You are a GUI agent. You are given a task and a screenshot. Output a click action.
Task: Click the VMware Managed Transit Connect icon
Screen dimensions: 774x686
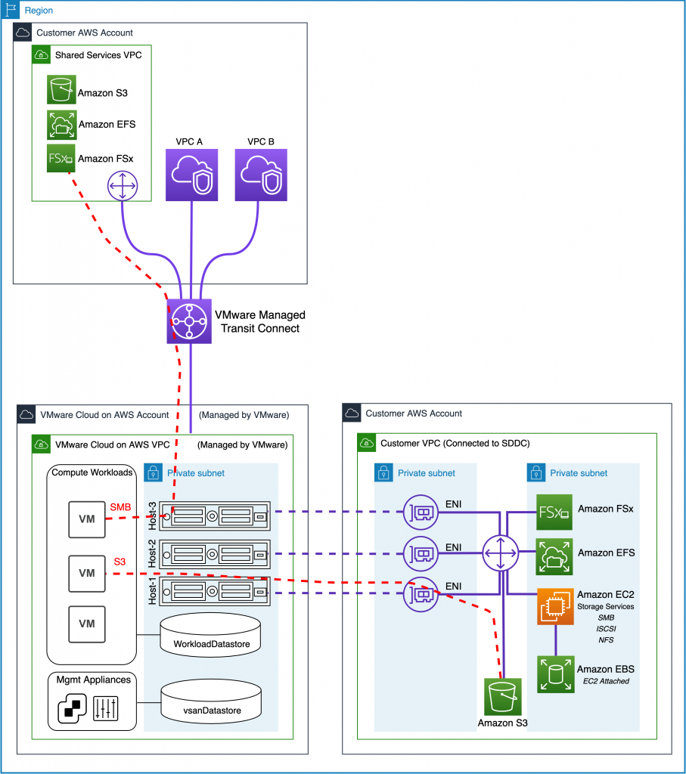[x=189, y=321]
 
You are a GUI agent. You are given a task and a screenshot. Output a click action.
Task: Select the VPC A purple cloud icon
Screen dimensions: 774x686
[x=191, y=175]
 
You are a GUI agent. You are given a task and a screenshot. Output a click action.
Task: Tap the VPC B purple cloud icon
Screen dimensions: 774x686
[x=260, y=175]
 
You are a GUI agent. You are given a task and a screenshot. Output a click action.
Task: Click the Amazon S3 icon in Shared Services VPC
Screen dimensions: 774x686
[x=61, y=89]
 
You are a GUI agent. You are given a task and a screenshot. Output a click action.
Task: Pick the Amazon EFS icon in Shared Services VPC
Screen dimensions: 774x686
[x=61, y=124]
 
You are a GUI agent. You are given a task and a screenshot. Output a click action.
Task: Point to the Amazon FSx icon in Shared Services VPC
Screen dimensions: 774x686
[x=61, y=159]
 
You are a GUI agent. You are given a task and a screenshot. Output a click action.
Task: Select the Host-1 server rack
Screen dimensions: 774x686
[x=216, y=593]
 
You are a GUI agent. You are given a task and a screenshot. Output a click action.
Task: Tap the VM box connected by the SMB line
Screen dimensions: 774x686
[x=87, y=519]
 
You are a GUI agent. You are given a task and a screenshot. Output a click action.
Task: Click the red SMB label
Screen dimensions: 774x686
[x=121, y=506]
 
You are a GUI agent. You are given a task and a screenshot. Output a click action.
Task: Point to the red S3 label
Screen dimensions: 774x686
[x=120, y=562]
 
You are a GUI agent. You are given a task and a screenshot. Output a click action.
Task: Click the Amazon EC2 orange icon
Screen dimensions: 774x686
[x=556, y=606]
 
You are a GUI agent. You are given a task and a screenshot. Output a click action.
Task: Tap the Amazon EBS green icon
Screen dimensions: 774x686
[x=556, y=674]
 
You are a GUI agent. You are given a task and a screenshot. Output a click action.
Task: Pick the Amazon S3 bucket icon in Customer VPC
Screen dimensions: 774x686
[x=503, y=697]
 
